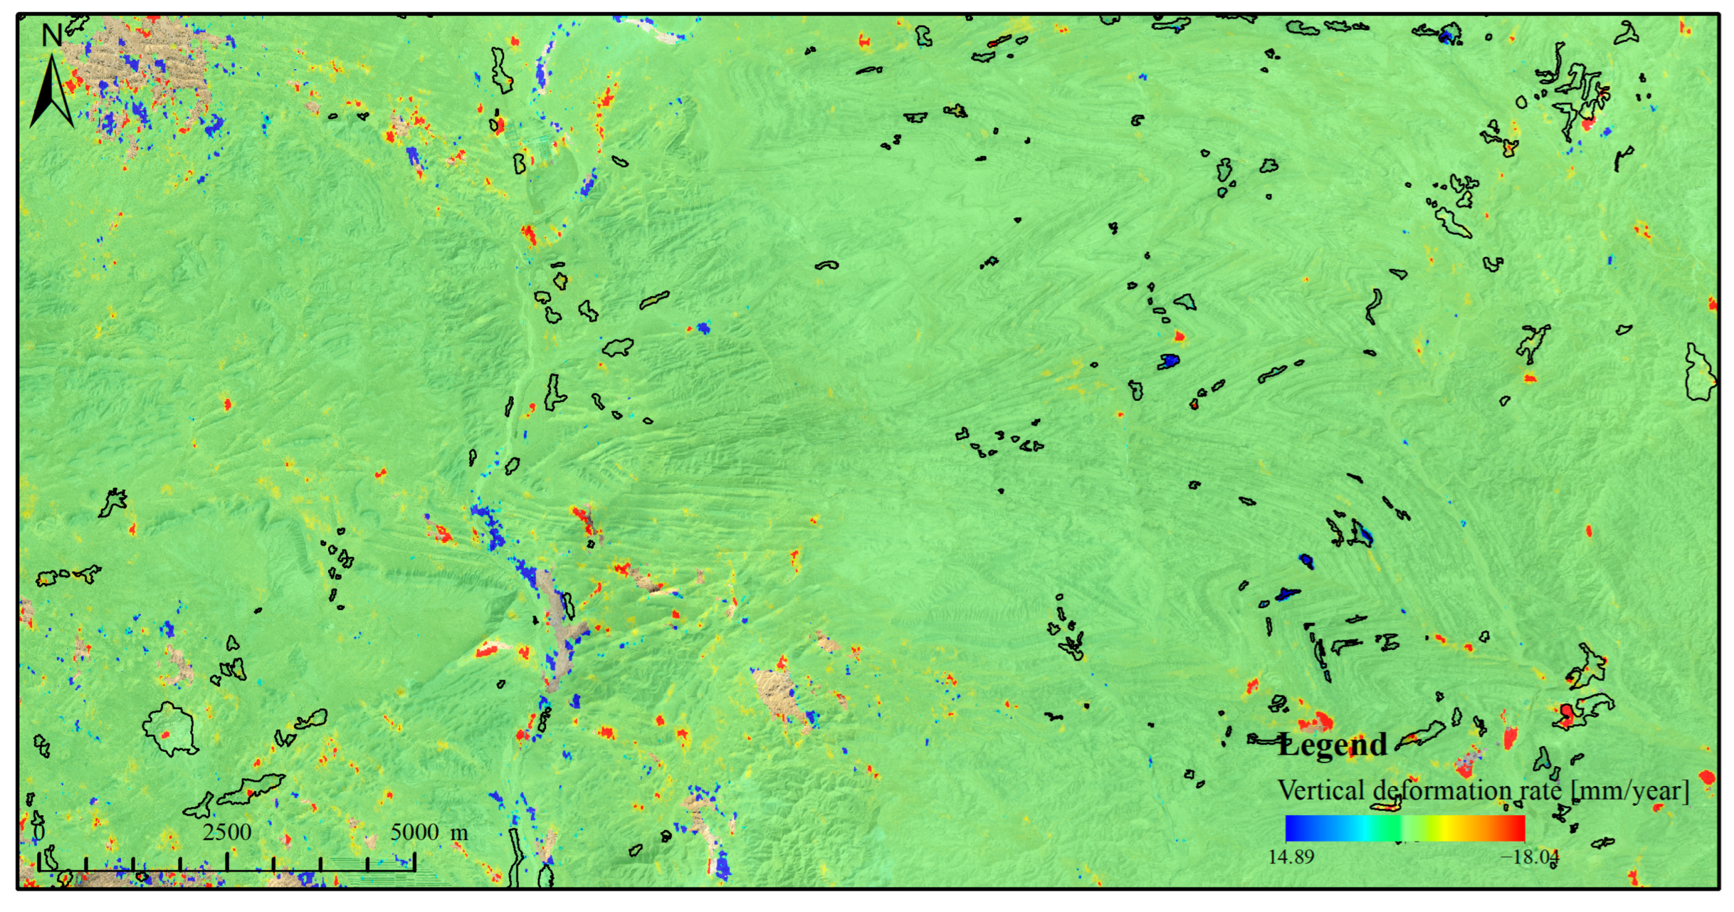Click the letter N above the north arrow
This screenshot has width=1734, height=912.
click(x=51, y=35)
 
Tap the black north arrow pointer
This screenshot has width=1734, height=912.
click(x=52, y=94)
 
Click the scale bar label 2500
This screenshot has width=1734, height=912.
click(x=227, y=832)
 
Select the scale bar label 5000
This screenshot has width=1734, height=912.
click(x=415, y=832)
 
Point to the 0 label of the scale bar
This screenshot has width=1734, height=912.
click(x=39, y=832)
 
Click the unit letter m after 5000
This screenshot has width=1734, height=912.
click(x=459, y=832)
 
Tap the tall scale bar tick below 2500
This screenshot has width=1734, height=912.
click(x=227, y=861)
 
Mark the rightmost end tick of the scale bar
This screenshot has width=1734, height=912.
click(x=415, y=861)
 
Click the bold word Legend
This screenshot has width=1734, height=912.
click(x=1333, y=745)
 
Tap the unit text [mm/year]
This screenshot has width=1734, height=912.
click(x=1629, y=790)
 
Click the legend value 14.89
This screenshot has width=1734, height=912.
click(x=1291, y=857)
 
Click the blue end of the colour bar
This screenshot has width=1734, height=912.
click(x=1292, y=828)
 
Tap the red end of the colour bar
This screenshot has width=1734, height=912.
click(x=1518, y=828)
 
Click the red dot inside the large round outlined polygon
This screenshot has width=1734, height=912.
click(x=166, y=734)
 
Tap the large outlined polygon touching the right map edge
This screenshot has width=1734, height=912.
click(x=1699, y=374)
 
